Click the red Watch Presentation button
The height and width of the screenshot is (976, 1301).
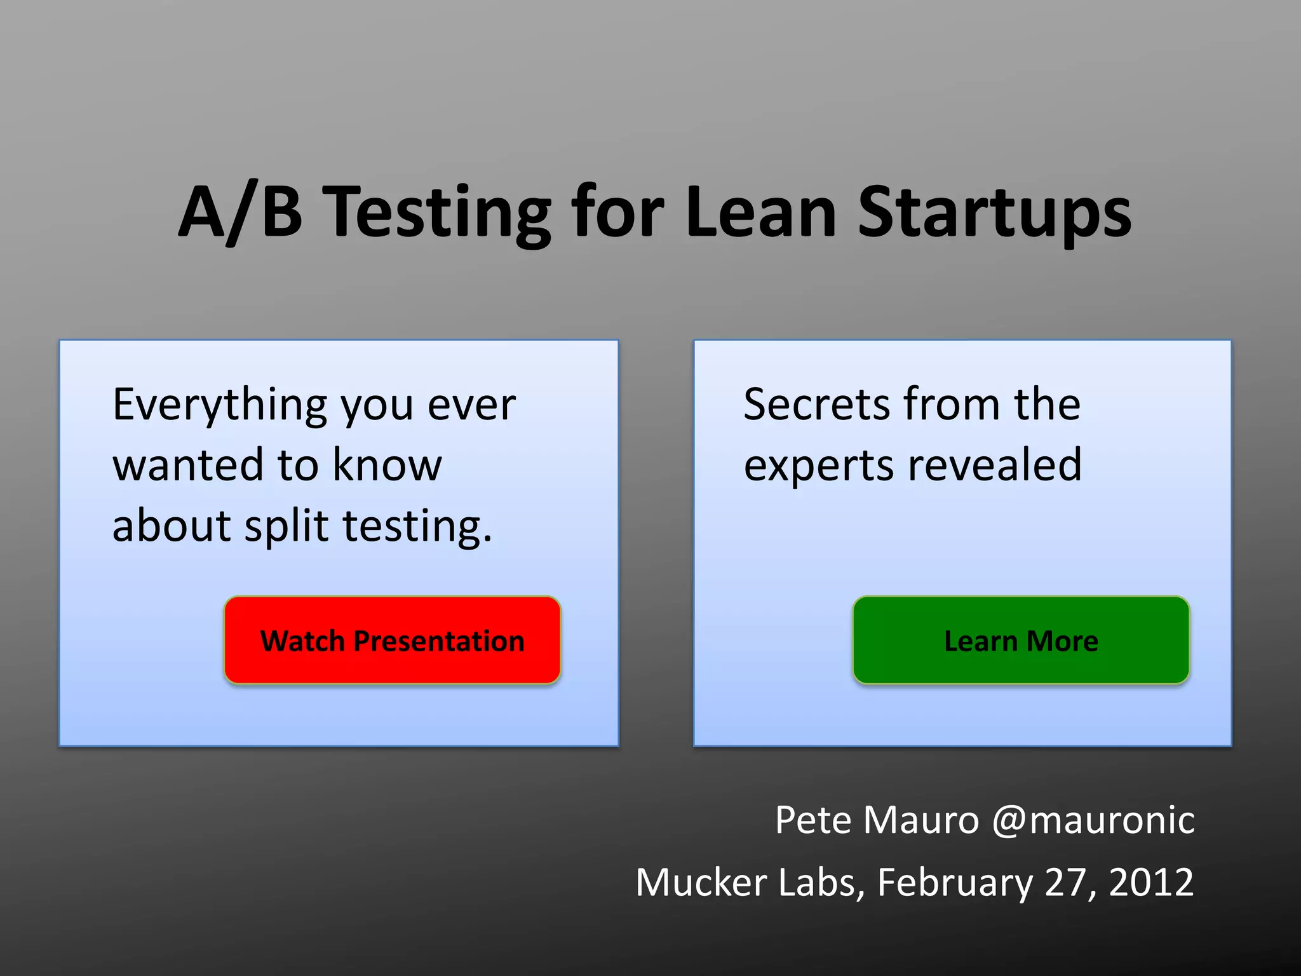[x=392, y=640]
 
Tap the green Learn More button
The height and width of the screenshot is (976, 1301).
[x=1021, y=640]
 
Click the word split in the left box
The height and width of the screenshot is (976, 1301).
[x=286, y=527]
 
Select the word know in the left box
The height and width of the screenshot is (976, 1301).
[x=387, y=464]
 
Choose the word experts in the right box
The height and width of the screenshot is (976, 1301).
[x=819, y=466]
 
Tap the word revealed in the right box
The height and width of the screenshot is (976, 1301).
[x=995, y=464]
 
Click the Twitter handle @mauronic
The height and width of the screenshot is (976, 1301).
[x=1093, y=820]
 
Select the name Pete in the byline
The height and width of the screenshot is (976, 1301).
[x=812, y=820]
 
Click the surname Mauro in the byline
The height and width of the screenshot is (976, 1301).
[x=921, y=820]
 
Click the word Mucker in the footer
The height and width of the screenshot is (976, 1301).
[x=701, y=882]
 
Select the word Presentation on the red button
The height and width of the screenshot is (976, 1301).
[x=439, y=640]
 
